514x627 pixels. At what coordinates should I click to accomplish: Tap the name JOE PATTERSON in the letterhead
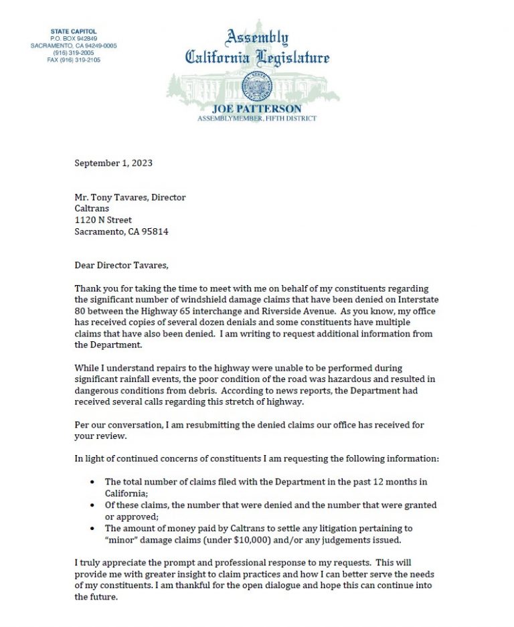[257, 108]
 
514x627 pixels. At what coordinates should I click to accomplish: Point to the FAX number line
[74, 60]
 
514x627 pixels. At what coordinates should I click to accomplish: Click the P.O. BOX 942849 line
[74, 39]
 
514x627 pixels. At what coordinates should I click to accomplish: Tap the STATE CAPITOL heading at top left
[74, 31]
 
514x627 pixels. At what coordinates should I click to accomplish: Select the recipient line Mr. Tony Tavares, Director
[130, 197]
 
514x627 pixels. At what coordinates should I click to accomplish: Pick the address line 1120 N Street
[103, 220]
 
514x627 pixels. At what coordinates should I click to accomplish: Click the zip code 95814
[155, 232]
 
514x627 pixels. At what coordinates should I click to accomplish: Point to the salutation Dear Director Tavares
[120, 266]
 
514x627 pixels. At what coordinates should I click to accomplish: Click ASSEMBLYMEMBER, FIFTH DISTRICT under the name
[257, 118]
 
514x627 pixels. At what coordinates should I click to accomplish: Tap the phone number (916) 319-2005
[74, 53]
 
